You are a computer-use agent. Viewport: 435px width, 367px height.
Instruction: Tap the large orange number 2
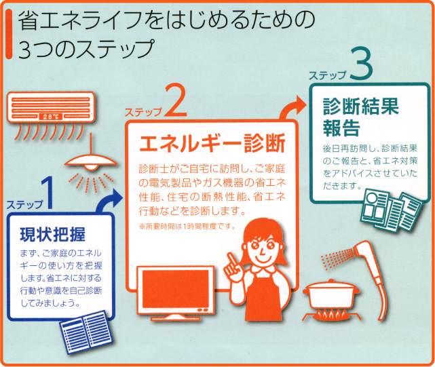pos(176,100)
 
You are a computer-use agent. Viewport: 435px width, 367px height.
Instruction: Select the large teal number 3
pos(361,64)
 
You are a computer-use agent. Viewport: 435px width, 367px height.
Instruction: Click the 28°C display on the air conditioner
pos(51,117)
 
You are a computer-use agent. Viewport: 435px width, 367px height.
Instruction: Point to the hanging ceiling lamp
pos(91,162)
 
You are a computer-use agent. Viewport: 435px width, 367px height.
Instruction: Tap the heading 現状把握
pos(53,235)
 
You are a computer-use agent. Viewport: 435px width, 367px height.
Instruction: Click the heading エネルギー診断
pos(212,143)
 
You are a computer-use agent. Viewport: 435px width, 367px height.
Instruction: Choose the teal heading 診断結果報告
pos(360,117)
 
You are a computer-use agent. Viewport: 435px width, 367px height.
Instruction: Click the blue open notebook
pos(86,332)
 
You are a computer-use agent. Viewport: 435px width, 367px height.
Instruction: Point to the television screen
pos(176,289)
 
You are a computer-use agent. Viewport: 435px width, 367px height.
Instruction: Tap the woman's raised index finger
pos(230,257)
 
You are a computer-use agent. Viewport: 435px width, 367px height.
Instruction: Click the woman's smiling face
pos(262,249)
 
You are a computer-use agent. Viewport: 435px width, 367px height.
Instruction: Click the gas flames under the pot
pos(332,313)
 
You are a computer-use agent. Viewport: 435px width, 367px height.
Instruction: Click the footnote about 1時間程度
pos(187,227)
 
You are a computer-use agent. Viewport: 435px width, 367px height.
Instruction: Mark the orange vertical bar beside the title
pos(9,34)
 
